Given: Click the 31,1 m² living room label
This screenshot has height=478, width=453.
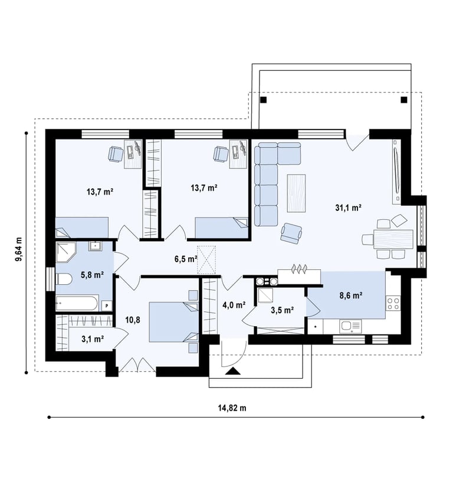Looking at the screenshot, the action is pos(348,208).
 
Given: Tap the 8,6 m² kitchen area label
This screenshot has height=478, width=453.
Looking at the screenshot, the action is pos(351,295).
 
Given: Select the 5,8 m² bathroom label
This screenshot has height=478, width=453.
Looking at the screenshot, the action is pos(92,275).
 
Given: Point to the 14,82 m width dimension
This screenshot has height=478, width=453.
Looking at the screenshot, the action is pos(232,408).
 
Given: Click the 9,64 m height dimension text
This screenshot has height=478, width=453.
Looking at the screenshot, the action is pos(19,249).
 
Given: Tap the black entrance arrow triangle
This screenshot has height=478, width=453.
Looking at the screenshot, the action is pos(233,370).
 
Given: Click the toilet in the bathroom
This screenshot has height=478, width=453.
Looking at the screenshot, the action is pos(64,279).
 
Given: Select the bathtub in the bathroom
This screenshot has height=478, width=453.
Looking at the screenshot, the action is pos(77,303).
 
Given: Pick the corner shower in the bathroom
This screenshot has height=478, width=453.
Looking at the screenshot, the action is pos(65,252).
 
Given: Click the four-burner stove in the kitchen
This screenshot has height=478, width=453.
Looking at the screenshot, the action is pos(393,303).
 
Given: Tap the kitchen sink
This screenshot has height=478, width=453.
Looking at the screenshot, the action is pos(350,327).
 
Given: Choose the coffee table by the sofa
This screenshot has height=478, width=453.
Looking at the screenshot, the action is pos(296,193).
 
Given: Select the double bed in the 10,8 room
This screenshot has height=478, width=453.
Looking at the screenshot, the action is pos(174,322).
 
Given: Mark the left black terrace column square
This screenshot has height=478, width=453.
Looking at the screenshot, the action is pos(264,100).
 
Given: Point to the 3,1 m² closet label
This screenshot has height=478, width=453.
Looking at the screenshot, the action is pos(93,339).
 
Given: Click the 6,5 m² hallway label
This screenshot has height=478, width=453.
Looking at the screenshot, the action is pos(186,259).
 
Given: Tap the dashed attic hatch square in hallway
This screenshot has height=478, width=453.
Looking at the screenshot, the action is pos(206,260).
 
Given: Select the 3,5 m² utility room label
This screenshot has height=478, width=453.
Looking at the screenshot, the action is pos(282,310).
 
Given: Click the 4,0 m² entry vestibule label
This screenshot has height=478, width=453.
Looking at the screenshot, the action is pos(234,304).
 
